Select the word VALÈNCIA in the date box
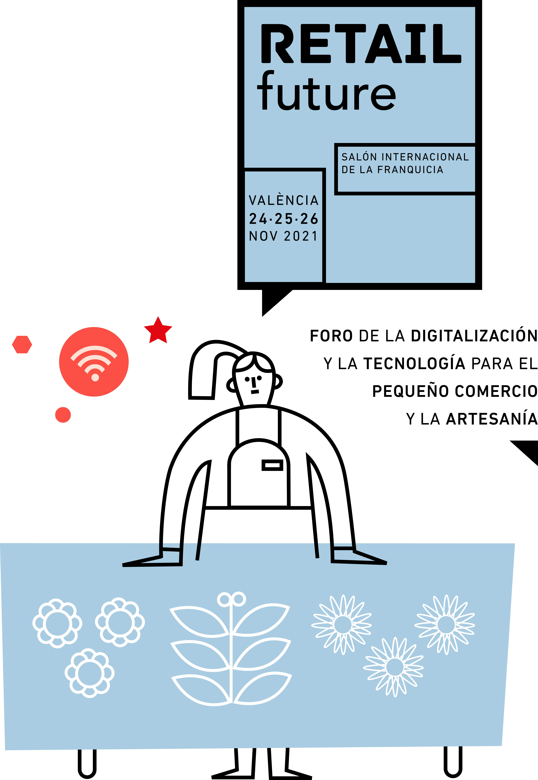click(x=284, y=201)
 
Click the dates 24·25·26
click(x=284, y=219)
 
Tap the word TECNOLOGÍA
click(x=414, y=364)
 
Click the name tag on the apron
click(x=272, y=465)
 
